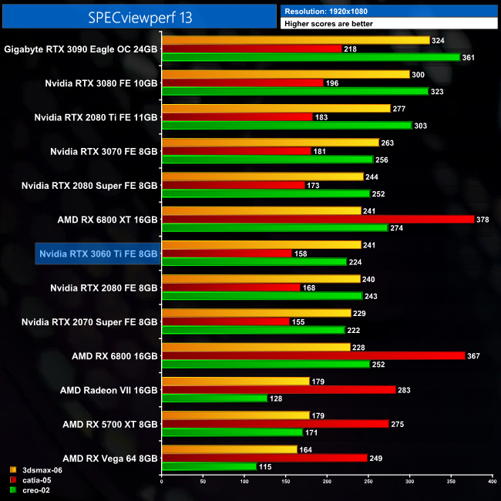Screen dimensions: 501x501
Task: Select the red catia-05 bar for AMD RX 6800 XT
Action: click(x=318, y=219)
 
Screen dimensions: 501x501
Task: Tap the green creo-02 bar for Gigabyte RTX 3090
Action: click(x=311, y=57)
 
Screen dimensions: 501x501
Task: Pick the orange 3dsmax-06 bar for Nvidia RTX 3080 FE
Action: click(x=285, y=74)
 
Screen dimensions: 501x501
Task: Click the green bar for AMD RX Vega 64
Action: click(x=209, y=466)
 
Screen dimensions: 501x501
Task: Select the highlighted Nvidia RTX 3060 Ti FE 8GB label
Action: click(x=98, y=254)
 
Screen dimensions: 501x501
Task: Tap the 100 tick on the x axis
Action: click(x=244, y=483)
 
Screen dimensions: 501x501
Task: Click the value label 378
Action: click(x=485, y=219)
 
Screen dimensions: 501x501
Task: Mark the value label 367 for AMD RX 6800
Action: click(x=476, y=355)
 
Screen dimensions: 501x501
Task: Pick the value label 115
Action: click(x=267, y=466)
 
